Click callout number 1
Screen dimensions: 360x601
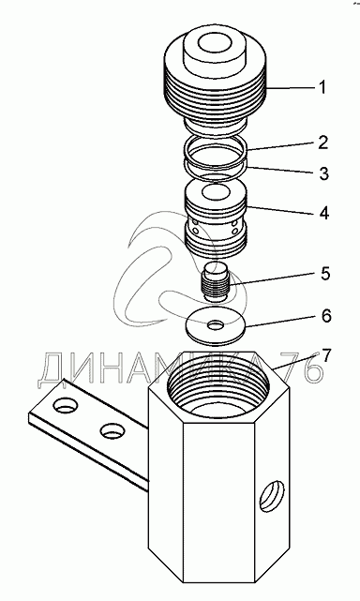tap(322, 87)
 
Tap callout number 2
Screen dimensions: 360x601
tap(323, 143)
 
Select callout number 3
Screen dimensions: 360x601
tap(324, 173)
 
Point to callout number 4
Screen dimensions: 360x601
tap(324, 212)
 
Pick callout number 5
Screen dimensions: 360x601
tap(324, 273)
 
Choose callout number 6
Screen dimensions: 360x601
tap(325, 315)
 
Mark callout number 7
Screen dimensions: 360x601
tap(325, 355)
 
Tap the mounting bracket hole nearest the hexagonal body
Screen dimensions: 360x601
tap(112, 430)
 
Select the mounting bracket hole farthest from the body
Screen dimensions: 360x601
tap(66, 405)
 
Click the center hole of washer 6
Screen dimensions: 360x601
tap(216, 325)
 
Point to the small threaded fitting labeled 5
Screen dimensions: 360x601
tap(216, 281)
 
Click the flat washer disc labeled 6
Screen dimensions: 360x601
tap(216, 325)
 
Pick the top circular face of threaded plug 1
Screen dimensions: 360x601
tap(216, 44)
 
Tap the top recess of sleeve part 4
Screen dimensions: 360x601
tap(216, 192)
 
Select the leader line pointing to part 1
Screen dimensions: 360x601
tap(291, 88)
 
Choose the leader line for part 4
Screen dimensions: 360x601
tap(282, 209)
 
